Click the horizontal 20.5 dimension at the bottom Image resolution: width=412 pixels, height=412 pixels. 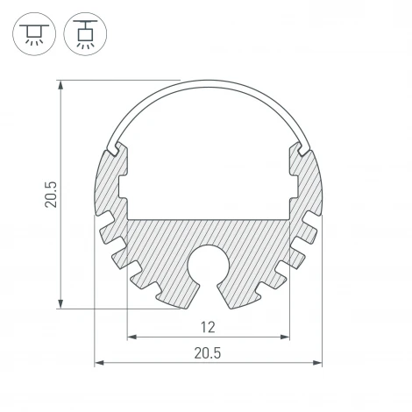point(208,352)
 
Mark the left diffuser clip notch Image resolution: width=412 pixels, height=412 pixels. point(114,149)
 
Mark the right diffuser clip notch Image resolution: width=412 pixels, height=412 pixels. point(302,149)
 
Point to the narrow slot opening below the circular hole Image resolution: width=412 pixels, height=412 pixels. point(208,294)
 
